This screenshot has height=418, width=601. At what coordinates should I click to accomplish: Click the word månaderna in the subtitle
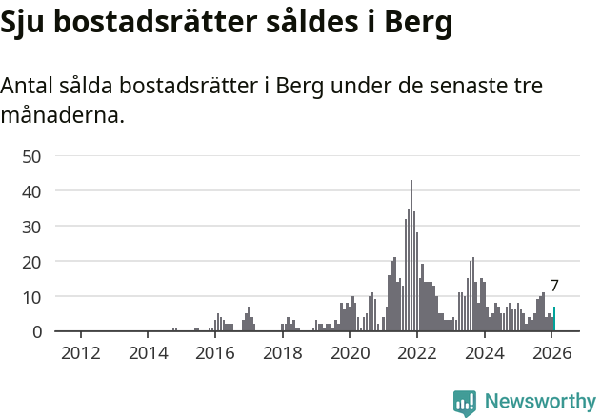point(62,117)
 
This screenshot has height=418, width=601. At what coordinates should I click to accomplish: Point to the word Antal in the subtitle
point(28,86)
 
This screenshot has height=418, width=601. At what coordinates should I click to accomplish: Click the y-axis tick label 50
point(32,156)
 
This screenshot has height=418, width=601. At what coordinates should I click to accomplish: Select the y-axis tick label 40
point(32,191)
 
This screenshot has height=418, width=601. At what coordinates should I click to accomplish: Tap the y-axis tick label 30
point(32,227)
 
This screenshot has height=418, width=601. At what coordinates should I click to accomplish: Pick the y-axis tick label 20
point(32,262)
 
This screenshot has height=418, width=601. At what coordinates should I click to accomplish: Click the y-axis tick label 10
point(32,297)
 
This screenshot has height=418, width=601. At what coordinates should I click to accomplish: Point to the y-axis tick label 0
point(37,331)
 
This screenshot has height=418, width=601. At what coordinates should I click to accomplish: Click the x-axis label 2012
point(80,352)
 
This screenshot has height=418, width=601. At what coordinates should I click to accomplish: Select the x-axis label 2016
point(214,352)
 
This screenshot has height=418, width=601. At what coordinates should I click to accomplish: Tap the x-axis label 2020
point(350,352)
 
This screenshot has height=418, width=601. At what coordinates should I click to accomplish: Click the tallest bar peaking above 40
point(411,257)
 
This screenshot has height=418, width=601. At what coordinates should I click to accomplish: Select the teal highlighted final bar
point(554,319)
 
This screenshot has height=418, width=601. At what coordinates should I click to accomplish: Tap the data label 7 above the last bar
point(554,286)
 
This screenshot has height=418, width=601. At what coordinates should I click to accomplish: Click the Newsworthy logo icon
point(465,403)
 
